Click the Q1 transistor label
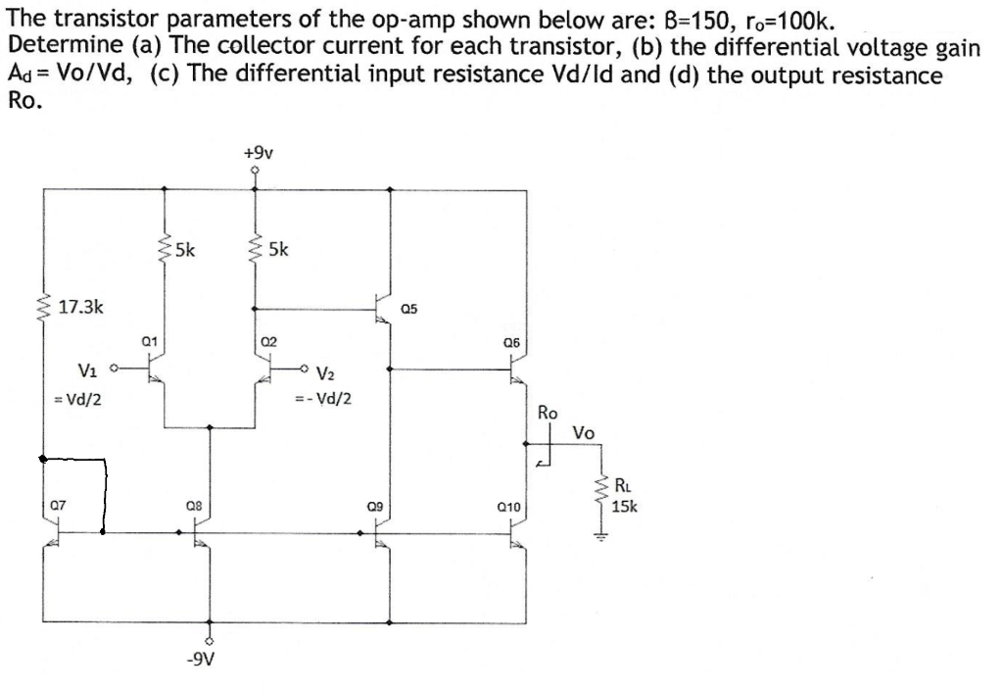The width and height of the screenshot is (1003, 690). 148,341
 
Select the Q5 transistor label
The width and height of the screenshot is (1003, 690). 408,309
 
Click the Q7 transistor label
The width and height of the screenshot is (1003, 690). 59,506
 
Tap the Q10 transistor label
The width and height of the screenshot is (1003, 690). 508,507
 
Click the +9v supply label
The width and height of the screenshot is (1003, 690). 258,153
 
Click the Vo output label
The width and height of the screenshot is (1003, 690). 584,432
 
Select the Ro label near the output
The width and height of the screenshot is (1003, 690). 549,414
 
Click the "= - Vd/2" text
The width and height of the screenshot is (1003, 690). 324,399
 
